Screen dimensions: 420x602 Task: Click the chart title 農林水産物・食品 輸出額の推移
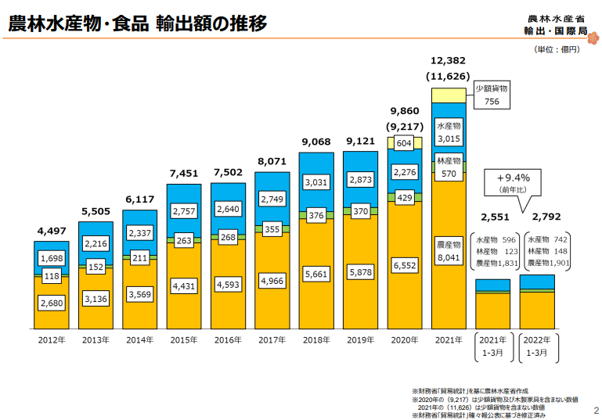point(137,23)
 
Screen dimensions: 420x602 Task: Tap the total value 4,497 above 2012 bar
point(52,231)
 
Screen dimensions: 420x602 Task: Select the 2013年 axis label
point(96,339)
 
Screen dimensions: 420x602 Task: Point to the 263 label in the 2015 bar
point(184,241)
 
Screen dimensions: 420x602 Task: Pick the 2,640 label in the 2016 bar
point(228,209)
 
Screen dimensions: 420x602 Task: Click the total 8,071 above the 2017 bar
point(272,161)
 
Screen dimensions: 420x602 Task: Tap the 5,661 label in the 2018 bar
point(316,275)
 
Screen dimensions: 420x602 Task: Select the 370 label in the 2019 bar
point(360,211)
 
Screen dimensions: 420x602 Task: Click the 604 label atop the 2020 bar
point(404,143)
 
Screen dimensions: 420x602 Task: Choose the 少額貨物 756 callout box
point(492,95)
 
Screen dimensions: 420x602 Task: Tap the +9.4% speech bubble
point(514,182)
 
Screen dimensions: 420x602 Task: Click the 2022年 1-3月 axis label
point(537,346)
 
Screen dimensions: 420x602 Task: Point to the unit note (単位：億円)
point(557,49)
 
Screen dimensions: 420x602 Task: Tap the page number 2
point(594,409)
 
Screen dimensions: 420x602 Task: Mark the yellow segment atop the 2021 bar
point(449,95)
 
